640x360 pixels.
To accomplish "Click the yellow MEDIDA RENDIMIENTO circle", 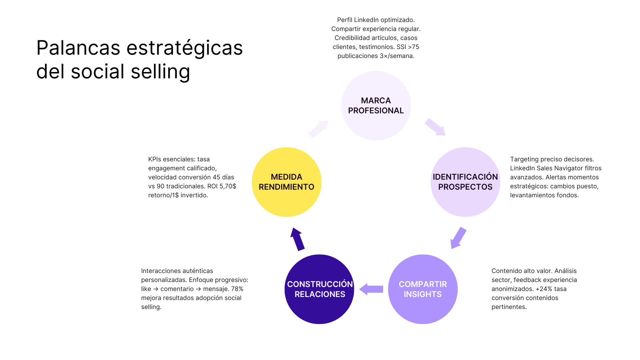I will pyautogui.click(x=286, y=182).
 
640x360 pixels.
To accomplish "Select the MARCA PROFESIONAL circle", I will pyautogui.click(x=376, y=105).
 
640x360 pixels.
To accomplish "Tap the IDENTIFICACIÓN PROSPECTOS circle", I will pyautogui.click(x=465, y=182).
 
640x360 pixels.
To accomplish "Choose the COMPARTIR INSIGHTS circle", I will pyautogui.click(x=423, y=289).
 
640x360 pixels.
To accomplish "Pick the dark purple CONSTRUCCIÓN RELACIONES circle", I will pyautogui.click(x=319, y=289).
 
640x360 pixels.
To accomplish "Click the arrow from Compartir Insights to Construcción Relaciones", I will pyautogui.click(x=371, y=289).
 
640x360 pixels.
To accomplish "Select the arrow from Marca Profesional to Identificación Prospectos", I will pyautogui.click(x=435, y=127).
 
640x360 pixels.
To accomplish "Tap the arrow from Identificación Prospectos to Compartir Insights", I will pyautogui.click(x=458, y=238).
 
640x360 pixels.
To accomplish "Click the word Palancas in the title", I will pyautogui.click(x=78, y=48).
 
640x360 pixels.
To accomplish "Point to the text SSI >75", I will pyautogui.click(x=408, y=47).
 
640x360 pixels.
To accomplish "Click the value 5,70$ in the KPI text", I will pyautogui.click(x=228, y=186).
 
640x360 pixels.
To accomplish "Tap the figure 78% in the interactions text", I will pyautogui.click(x=237, y=289).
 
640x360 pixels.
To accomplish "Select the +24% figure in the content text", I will pyautogui.click(x=542, y=289).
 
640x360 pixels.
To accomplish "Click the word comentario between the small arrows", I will pyautogui.click(x=177, y=289).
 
